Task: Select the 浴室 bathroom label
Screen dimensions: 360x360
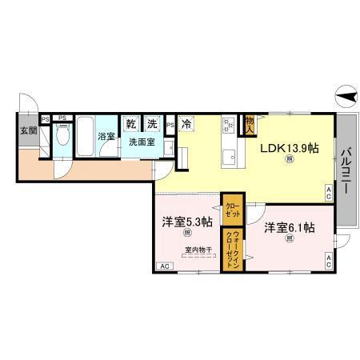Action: [106, 136]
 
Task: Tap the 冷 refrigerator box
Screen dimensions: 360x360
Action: [186, 124]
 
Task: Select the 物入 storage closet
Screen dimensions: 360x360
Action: [249, 123]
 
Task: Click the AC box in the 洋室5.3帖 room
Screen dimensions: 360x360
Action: [166, 266]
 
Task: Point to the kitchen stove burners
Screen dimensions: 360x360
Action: [227, 125]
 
